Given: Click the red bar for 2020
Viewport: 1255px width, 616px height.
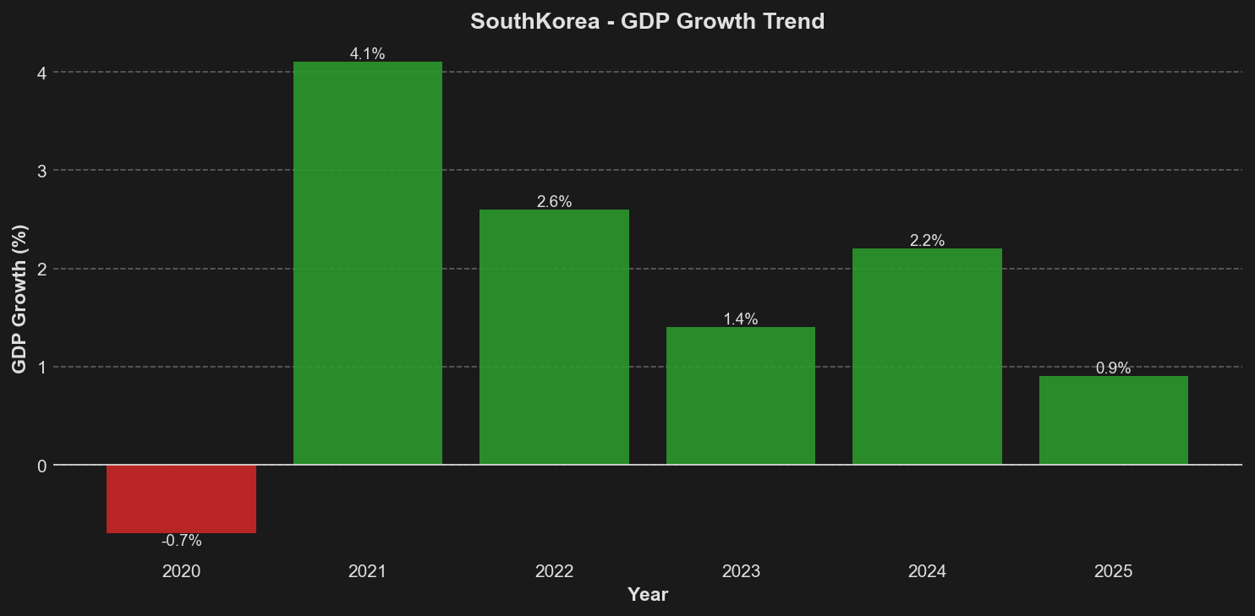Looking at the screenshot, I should (181, 499).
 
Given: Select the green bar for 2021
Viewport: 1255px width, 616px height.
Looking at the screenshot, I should (367, 263).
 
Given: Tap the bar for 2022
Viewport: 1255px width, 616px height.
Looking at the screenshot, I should (554, 337).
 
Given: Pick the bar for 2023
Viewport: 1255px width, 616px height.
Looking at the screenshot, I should (741, 395).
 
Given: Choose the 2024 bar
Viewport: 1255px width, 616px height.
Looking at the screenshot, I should (927, 357).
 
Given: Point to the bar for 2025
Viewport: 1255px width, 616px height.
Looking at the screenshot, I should (1113, 420).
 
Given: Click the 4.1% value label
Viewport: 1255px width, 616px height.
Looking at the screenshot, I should (367, 54).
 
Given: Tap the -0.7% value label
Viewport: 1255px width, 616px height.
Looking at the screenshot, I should (181, 541).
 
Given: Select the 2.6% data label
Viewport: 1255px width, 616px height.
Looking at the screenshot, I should (554, 202).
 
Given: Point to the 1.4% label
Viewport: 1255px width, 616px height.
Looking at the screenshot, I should (741, 319).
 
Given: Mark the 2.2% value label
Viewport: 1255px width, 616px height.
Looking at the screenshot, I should (927, 241).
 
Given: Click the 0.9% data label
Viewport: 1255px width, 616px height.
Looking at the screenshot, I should (1113, 368).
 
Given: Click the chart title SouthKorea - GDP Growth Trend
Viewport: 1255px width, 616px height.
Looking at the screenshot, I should (647, 21).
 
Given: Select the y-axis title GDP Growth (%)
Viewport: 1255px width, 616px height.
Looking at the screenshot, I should (19, 299).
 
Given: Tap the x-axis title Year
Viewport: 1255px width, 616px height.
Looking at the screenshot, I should (648, 595).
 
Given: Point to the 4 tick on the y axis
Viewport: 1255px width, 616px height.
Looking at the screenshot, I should (41, 73).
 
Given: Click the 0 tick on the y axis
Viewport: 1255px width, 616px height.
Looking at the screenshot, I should (41, 466).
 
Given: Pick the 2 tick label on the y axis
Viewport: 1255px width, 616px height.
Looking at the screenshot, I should (41, 270).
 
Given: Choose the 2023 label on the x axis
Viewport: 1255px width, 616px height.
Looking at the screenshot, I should (741, 571).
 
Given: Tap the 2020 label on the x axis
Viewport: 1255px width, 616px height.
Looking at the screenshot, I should (181, 571).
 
